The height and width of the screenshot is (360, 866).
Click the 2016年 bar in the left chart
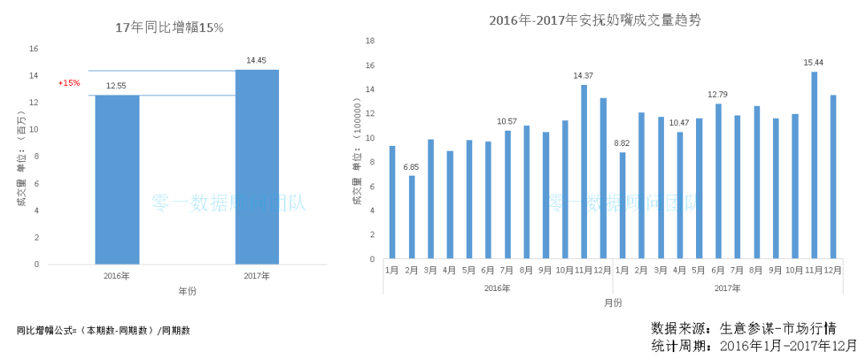[x=117, y=180]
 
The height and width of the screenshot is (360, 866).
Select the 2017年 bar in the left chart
[x=257, y=167]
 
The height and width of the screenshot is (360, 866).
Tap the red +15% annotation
[x=69, y=83]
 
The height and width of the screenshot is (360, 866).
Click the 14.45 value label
[x=257, y=60]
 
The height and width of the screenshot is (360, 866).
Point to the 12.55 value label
[x=117, y=86]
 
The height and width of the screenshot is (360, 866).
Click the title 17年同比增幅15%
[x=170, y=28]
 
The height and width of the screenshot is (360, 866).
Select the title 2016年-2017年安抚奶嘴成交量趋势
[x=594, y=20]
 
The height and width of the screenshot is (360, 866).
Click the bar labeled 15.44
[x=814, y=165]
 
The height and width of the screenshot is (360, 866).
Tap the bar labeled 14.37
[x=584, y=172]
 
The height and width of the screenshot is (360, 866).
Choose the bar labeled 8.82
[x=622, y=205]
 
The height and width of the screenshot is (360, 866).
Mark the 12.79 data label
[x=718, y=95]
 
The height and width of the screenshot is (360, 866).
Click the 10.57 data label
[x=507, y=121]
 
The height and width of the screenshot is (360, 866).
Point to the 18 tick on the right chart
[x=370, y=40]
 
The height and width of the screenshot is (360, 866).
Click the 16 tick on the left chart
[x=34, y=49]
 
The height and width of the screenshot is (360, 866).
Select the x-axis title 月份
[x=613, y=302]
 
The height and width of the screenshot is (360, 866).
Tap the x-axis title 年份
[x=187, y=290]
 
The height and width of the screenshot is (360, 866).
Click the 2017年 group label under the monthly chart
[x=727, y=288]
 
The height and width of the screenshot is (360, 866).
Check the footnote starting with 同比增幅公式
[x=103, y=330]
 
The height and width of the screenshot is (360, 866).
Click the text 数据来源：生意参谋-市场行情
[x=744, y=328]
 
